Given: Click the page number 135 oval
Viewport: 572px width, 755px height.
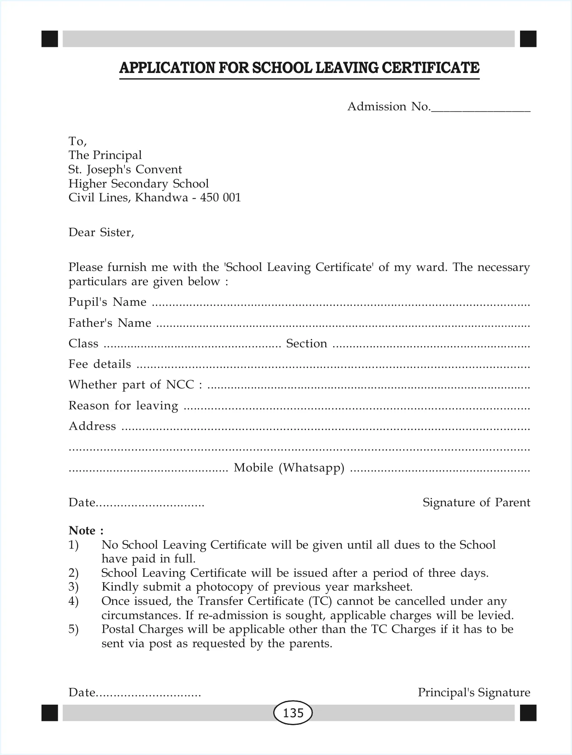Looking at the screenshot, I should coord(293,713).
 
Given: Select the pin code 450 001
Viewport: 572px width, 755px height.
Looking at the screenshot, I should coord(221,198).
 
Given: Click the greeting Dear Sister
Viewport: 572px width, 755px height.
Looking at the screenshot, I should coord(101,232).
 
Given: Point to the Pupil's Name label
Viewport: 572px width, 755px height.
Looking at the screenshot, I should coord(107,302).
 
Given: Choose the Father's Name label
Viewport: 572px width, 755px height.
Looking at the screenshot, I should coord(110,323).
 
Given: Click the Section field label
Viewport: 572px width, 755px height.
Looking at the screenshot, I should coord(306,344).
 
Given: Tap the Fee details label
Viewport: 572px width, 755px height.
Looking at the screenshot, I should coord(100,364).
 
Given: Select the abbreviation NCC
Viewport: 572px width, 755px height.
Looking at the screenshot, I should coord(180,385).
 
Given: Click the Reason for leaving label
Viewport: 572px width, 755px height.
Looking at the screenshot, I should coord(123,406).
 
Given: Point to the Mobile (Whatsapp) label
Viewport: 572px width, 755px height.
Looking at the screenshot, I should coord(289,468).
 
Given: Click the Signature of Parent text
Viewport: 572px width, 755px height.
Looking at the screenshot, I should coord(476,502).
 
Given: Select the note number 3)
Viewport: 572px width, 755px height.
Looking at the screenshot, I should coord(73,587).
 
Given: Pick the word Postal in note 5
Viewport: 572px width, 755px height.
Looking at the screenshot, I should coord(118,629).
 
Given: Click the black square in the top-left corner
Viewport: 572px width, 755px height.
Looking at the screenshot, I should coord(49,39).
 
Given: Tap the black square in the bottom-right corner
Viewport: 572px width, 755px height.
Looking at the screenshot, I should coord(528,713).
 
